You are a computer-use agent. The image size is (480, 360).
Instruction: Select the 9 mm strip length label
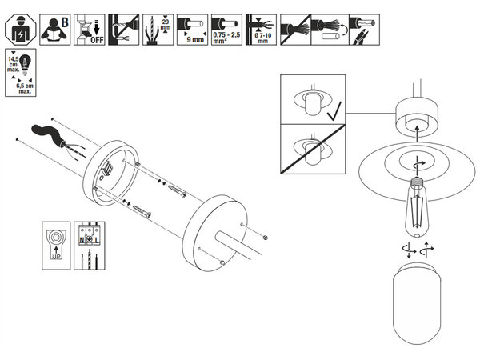point(193,39)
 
